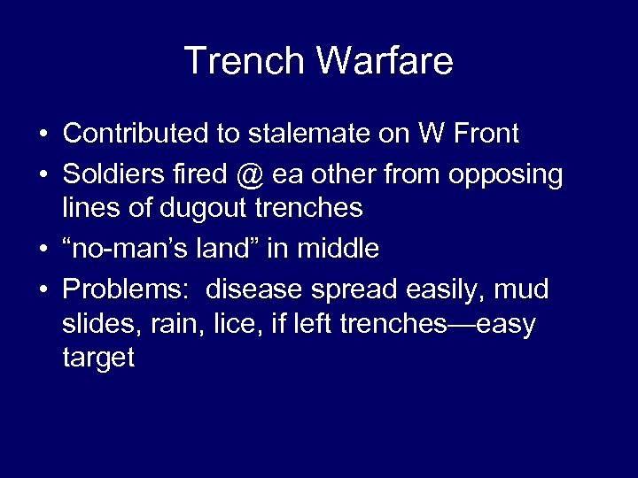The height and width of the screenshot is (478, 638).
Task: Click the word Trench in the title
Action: pos(245,61)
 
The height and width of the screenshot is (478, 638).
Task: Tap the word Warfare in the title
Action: pos(384,61)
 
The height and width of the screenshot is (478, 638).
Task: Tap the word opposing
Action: pos(505,175)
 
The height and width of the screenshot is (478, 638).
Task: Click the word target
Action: pos(98,358)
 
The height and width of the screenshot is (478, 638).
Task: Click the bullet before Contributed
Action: pos(43,135)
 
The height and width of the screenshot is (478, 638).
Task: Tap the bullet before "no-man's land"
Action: pos(43,250)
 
